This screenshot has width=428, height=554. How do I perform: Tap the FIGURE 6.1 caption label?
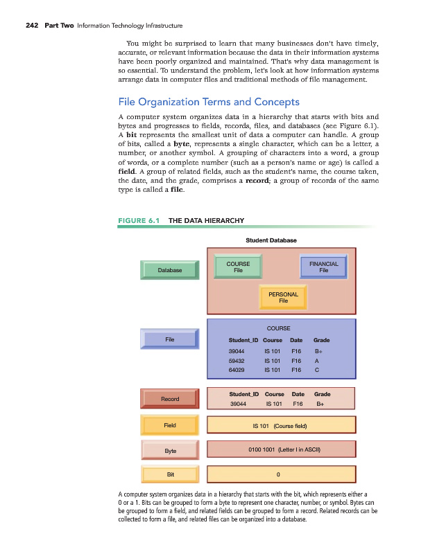click(139, 220)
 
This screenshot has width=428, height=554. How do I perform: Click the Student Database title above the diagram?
click(271, 240)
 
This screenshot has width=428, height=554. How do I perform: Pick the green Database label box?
click(170, 270)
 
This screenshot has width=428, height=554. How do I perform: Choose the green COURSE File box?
click(238, 267)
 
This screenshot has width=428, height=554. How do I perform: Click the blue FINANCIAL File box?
click(323, 267)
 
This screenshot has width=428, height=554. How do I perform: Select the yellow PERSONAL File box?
click(283, 297)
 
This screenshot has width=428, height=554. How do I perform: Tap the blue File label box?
click(170, 339)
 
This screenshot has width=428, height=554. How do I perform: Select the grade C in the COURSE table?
click(316, 370)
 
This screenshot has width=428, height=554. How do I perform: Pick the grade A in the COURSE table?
click(316, 361)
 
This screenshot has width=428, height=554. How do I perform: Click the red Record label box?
click(170, 399)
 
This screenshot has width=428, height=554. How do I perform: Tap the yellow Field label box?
click(170, 425)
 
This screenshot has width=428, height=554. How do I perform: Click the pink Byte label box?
click(170, 451)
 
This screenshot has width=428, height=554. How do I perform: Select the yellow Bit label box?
click(170, 474)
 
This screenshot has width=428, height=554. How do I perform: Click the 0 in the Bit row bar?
click(278, 474)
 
